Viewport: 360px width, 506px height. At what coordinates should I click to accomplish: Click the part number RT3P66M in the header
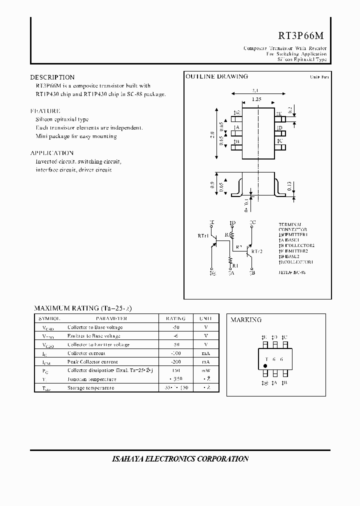click(x=301, y=36)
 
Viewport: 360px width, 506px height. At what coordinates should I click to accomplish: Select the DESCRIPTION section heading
click(x=52, y=77)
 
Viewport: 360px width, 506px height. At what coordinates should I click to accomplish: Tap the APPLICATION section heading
click(x=52, y=153)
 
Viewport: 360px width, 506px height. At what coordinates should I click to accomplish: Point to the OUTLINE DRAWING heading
click(x=216, y=76)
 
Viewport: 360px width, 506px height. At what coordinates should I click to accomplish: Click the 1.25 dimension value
click(x=256, y=99)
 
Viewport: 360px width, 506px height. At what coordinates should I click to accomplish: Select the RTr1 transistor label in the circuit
click(x=203, y=235)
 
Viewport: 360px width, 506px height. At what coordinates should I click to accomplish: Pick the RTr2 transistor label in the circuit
click(x=257, y=251)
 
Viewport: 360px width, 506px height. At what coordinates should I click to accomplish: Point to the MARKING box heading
click(x=246, y=320)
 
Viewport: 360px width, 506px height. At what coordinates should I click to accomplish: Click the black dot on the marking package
click(x=265, y=366)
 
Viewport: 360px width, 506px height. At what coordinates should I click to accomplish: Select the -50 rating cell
click(x=175, y=327)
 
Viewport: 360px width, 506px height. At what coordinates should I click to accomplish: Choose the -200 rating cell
click(x=175, y=361)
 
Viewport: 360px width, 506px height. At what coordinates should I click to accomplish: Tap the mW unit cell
click(x=206, y=370)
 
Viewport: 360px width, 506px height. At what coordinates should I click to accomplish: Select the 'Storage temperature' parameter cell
click(x=90, y=387)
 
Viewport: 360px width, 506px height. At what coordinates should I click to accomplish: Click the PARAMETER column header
click(x=111, y=318)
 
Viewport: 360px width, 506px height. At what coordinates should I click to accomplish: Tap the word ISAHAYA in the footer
click(x=126, y=458)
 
